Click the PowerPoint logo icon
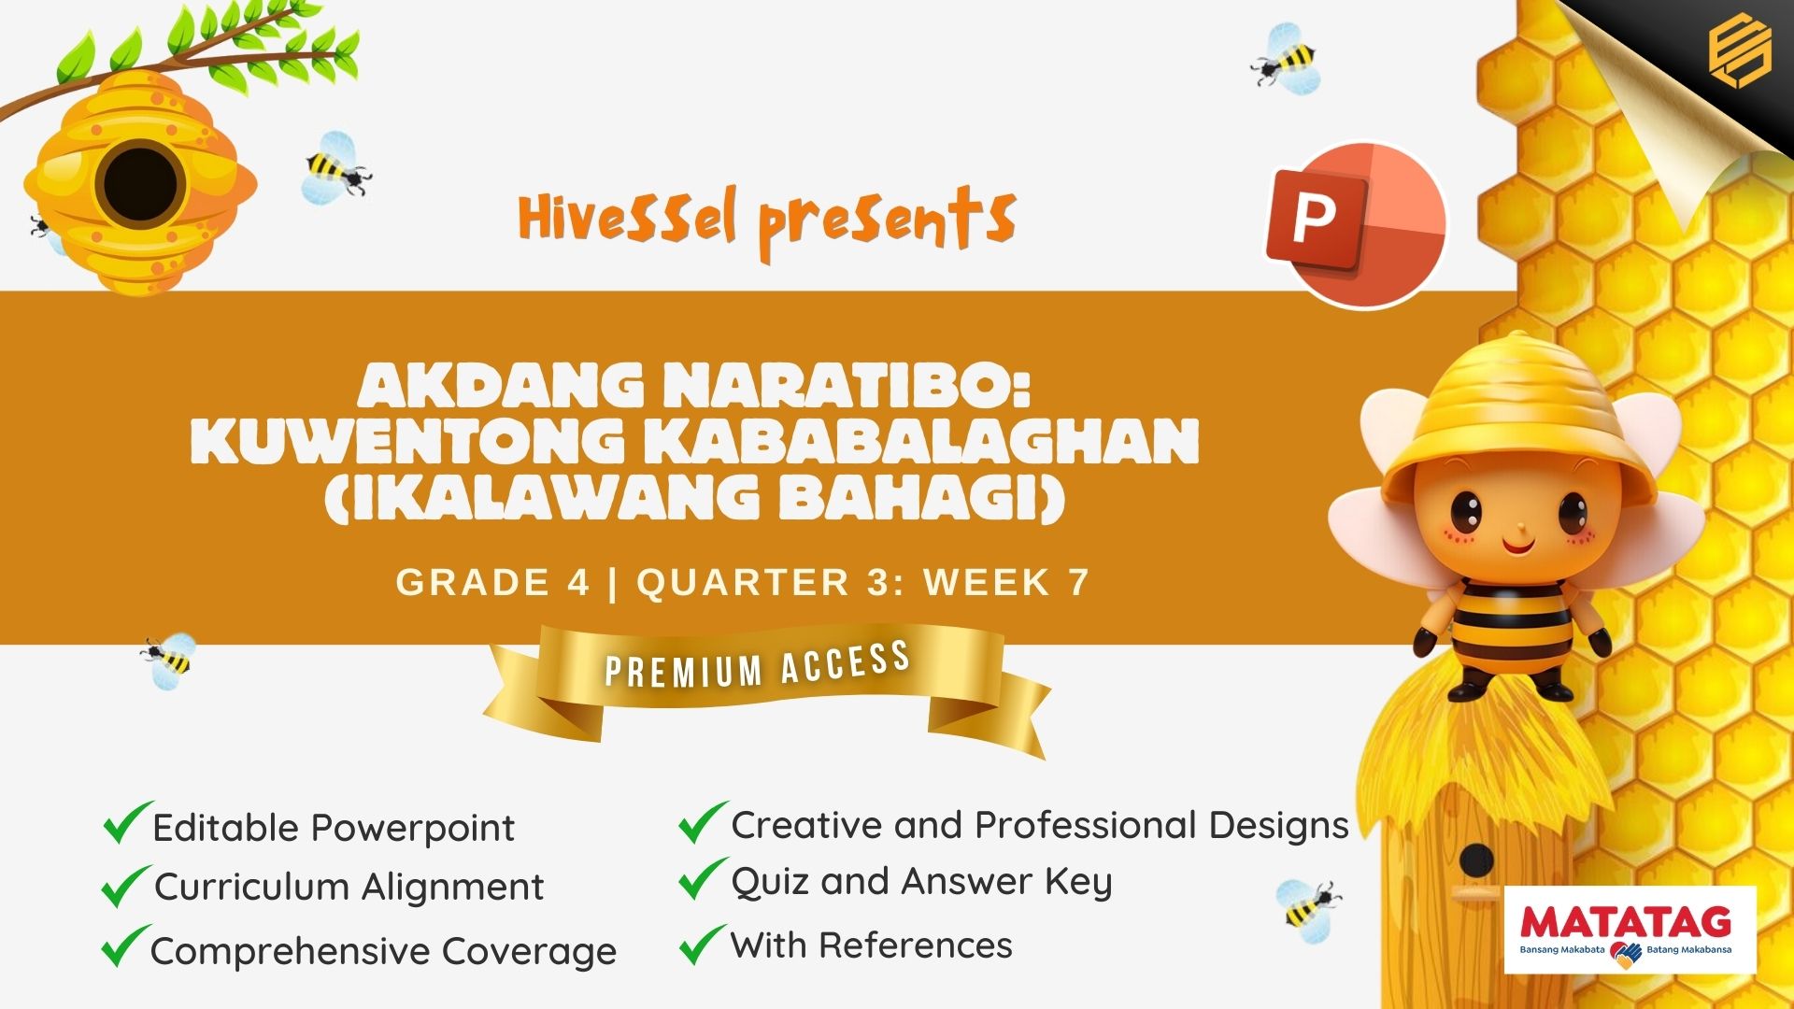(x=1356, y=225)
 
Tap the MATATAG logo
(x=1630, y=931)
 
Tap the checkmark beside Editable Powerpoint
(x=127, y=822)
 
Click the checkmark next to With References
(x=703, y=944)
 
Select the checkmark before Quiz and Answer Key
(x=703, y=878)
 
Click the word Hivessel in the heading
(x=628, y=217)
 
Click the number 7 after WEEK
(x=1078, y=582)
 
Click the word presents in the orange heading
(x=887, y=220)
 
